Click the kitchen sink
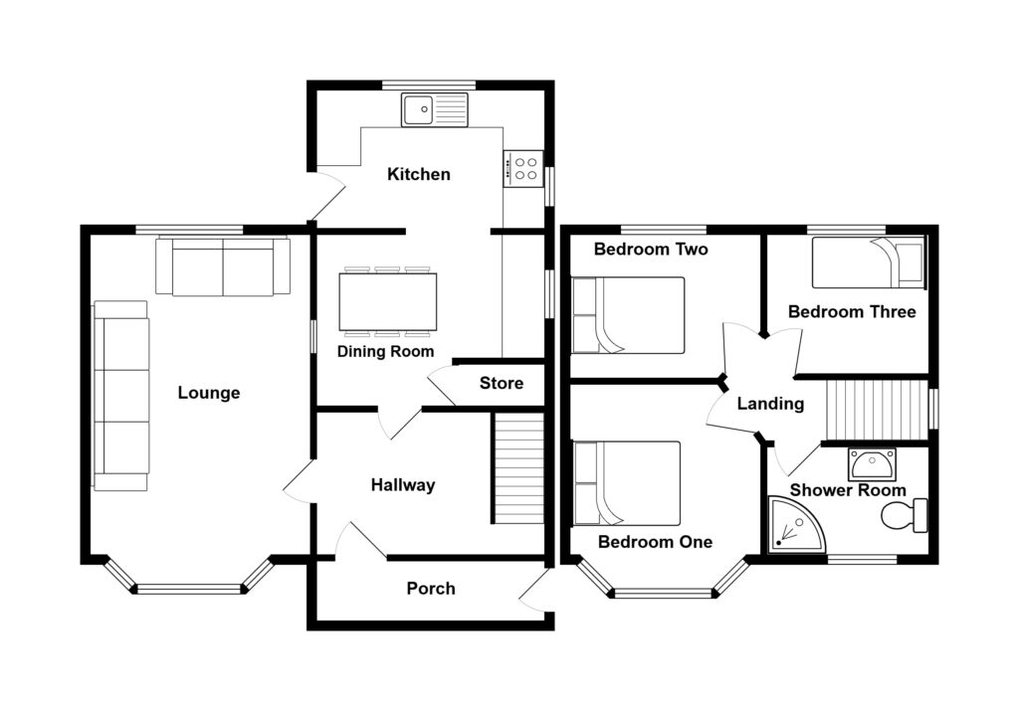[435, 108]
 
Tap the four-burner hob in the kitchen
[523, 168]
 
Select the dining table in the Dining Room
[387, 301]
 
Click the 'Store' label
[501, 384]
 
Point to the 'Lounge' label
[209, 393]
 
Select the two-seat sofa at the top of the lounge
[223, 267]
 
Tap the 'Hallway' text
[403, 485]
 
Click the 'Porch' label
[431, 589]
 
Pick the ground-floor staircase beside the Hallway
[518, 469]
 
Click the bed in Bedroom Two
[628, 315]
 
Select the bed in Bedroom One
[627, 483]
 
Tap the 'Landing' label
[770, 404]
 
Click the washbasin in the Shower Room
[872, 463]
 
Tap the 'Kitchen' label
[419, 175]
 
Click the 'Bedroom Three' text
[852, 312]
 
